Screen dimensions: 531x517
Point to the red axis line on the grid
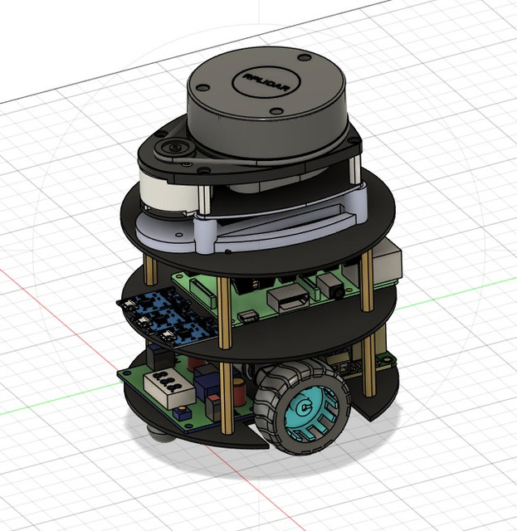pyautogui.click(x=50, y=315)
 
